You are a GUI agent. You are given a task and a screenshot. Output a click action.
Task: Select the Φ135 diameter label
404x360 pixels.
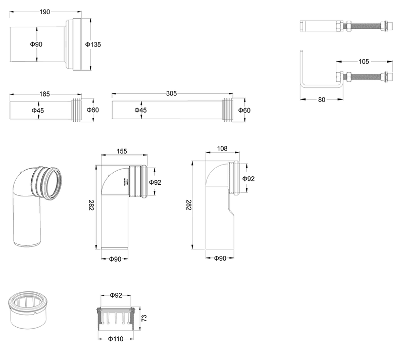[x=93, y=44]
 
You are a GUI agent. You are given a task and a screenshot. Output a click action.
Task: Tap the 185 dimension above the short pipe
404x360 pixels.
[x=43, y=94]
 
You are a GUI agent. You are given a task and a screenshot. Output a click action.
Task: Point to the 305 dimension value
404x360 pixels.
[x=171, y=94]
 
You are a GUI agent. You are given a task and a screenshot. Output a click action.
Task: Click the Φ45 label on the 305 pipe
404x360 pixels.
[x=141, y=110]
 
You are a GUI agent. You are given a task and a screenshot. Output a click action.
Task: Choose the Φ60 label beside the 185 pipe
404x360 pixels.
[x=92, y=110]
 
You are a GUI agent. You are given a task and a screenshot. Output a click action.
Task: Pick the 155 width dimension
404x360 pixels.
[x=121, y=150]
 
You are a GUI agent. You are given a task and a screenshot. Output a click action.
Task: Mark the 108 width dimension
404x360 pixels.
[x=222, y=148]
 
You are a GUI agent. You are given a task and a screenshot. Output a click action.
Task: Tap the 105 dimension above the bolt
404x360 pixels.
[x=364, y=62]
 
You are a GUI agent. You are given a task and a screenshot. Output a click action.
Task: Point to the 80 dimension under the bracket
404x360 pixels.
[x=322, y=99]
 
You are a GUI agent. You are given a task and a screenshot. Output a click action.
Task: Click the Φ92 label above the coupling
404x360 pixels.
[x=116, y=295]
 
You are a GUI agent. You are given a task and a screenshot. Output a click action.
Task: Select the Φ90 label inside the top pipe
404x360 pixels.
[x=36, y=44]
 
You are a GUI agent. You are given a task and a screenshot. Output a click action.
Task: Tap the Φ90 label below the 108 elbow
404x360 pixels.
[x=220, y=258]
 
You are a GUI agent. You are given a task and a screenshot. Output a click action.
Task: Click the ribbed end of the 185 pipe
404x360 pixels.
[x=76, y=110]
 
